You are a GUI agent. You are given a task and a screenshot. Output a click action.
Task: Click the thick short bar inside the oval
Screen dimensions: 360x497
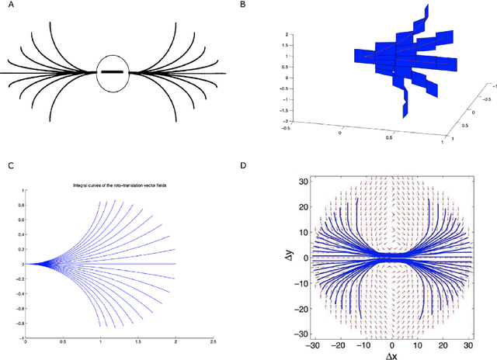(x=114, y=73)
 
